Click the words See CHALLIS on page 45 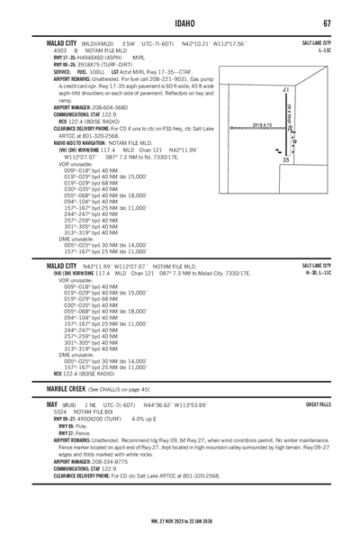pos(122,364)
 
